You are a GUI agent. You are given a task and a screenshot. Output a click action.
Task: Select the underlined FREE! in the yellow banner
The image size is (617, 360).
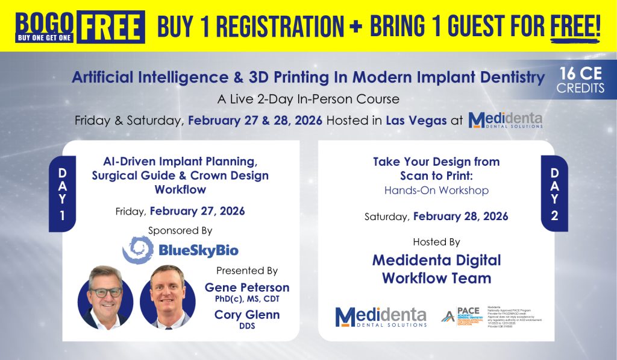(x=575, y=26)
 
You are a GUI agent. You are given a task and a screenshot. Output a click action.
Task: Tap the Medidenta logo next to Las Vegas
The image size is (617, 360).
(x=505, y=119)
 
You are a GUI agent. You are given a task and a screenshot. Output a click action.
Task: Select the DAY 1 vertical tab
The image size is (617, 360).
(x=62, y=194)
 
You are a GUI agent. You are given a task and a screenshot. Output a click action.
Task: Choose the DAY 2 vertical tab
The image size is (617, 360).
(x=554, y=194)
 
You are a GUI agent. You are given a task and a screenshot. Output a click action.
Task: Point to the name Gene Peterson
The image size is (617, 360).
(x=247, y=288)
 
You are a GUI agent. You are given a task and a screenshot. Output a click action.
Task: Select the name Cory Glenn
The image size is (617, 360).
(x=246, y=315)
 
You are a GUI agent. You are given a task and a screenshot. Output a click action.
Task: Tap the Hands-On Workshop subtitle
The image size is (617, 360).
(x=436, y=191)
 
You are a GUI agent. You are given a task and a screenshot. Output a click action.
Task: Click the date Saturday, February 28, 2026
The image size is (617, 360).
(x=436, y=216)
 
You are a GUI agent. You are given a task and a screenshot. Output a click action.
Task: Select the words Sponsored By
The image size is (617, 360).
(x=180, y=231)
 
